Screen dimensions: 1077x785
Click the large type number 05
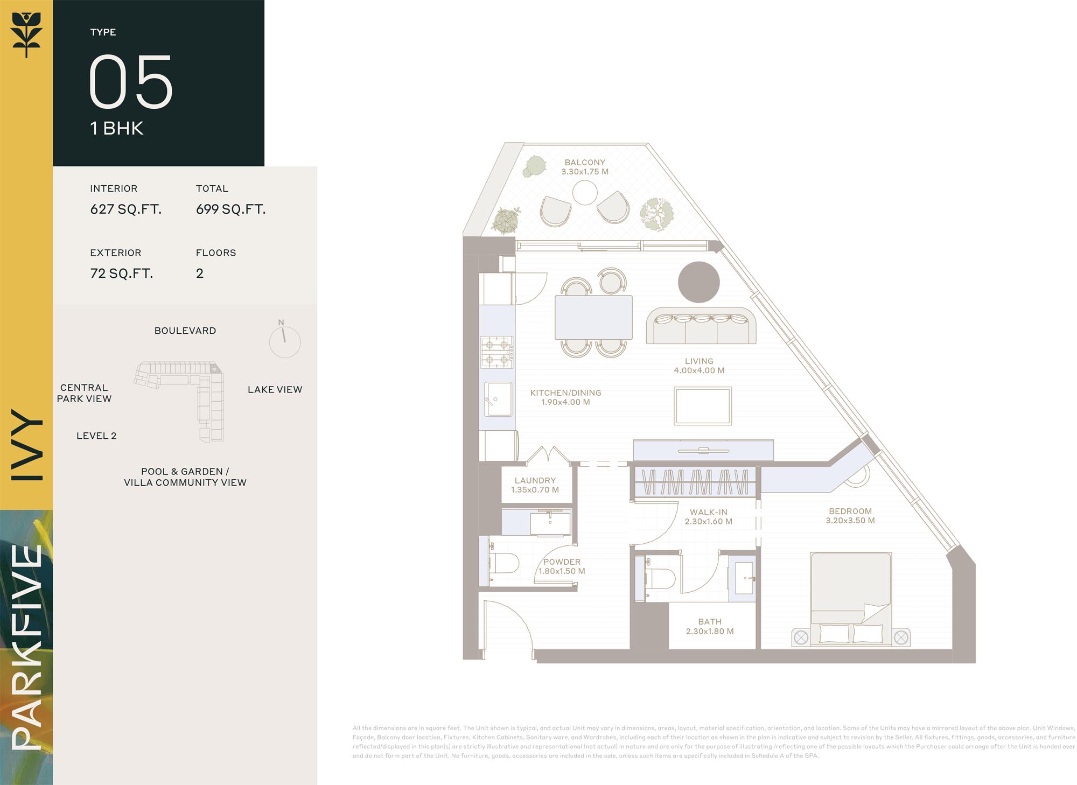point(131,81)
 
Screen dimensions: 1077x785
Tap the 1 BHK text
point(117,128)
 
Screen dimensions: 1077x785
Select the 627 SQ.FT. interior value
point(126,209)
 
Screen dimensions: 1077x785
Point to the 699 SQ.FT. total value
point(231,209)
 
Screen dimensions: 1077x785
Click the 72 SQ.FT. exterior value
point(122,274)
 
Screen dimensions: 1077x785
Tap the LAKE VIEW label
point(275,389)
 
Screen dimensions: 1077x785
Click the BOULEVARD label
point(185,331)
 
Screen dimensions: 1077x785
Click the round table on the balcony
point(585,192)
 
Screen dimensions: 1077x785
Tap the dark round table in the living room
point(699,282)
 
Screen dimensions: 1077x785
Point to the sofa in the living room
point(701,326)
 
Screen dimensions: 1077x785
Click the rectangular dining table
point(593,317)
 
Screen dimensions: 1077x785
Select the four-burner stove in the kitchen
point(496,352)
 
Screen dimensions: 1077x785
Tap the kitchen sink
point(498,399)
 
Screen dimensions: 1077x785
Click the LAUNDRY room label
point(535,480)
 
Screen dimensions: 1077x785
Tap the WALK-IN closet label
point(709,512)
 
